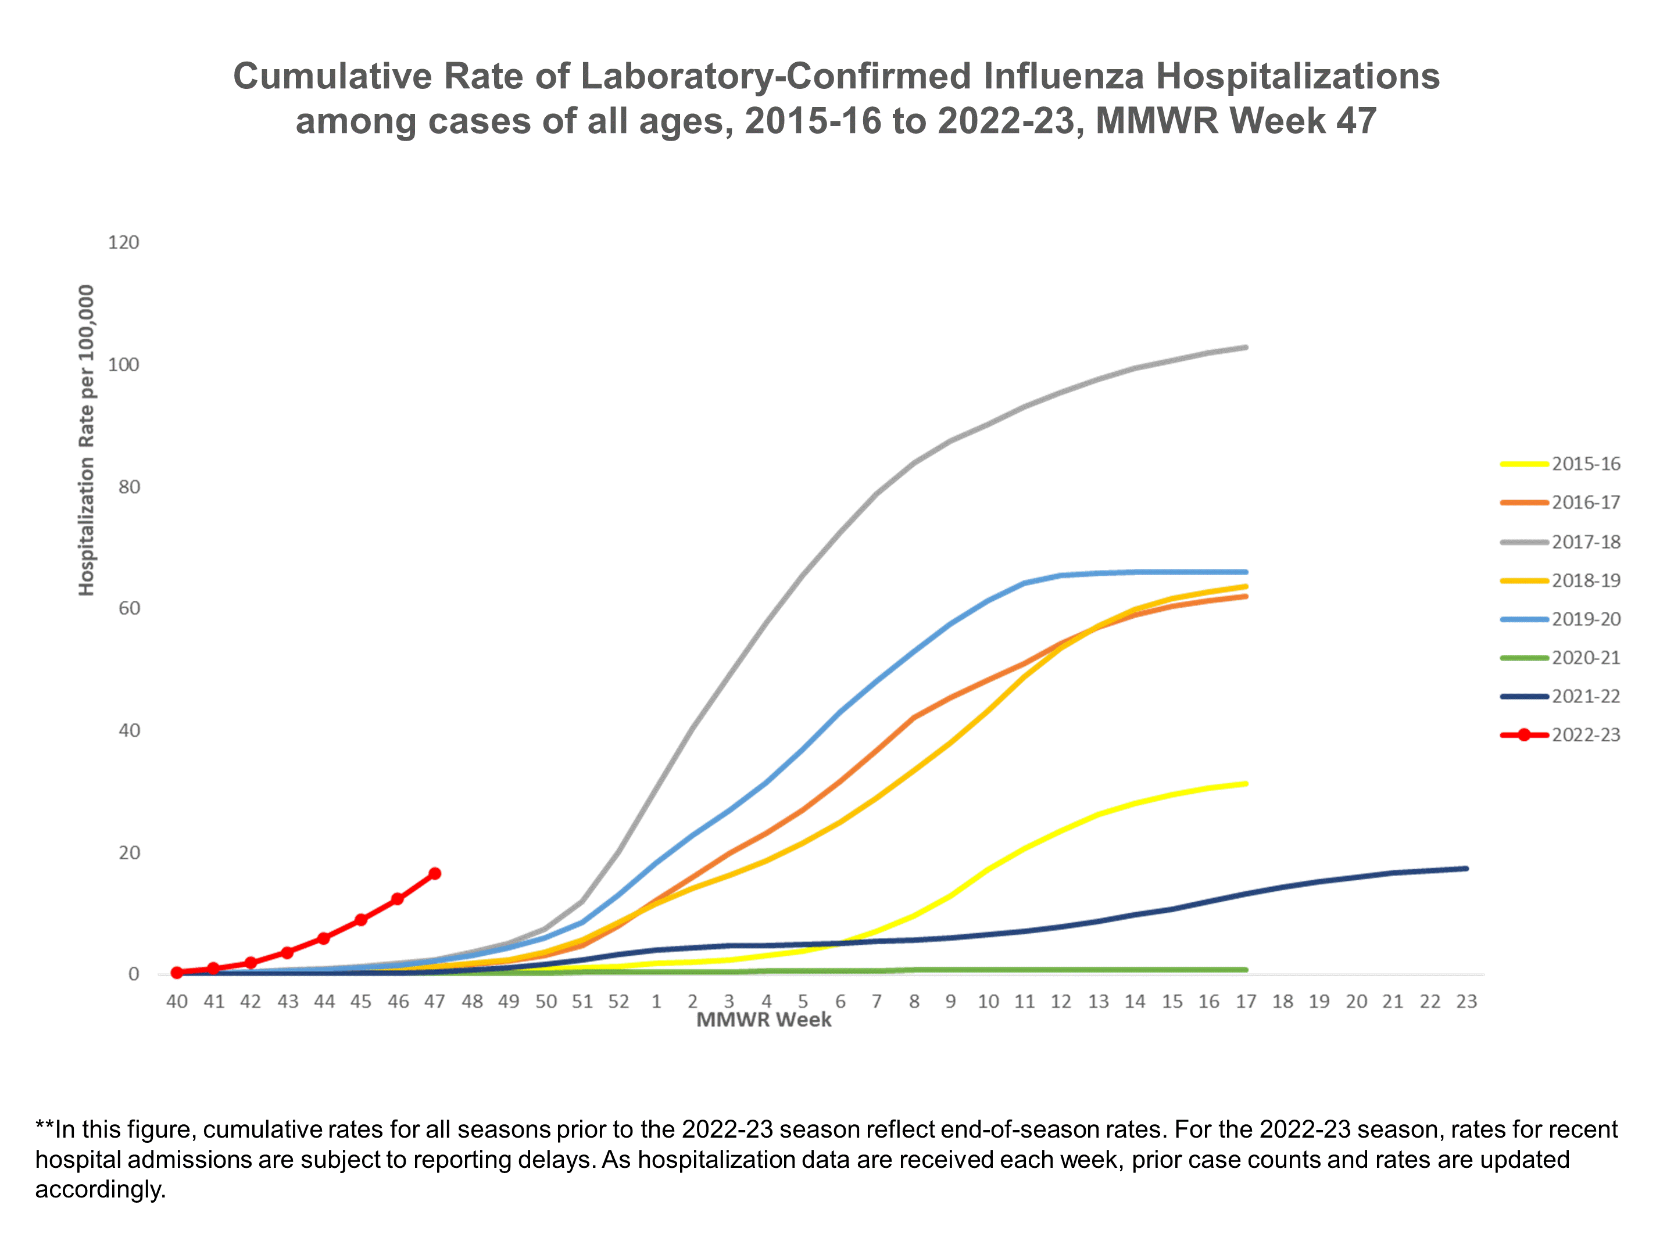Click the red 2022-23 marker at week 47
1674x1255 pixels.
(434, 874)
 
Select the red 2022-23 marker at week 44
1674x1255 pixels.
(324, 938)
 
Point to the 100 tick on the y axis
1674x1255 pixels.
(123, 365)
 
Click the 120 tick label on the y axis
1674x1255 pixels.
(123, 242)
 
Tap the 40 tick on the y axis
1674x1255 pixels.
(128, 730)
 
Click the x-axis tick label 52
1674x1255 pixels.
(618, 1002)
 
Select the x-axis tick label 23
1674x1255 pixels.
(1466, 1002)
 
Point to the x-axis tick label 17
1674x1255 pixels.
(1246, 1002)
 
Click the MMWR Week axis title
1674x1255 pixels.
(764, 1020)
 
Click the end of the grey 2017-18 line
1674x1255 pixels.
(1246, 347)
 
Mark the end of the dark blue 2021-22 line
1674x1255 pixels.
(1466, 869)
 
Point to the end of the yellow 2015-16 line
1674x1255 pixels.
(1246, 784)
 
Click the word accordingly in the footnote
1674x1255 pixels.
(100, 1189)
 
